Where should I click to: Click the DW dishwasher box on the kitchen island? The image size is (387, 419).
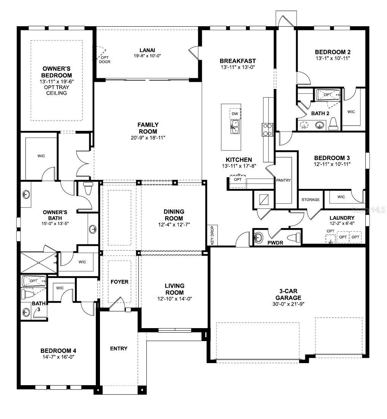235,114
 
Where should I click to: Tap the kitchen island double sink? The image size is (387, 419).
235,127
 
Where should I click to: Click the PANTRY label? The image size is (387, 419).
283,180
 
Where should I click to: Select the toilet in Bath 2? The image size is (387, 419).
333,124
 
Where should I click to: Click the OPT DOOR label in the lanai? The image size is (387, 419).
105,60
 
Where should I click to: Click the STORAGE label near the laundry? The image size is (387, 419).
311,200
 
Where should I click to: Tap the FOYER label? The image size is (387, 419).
119,282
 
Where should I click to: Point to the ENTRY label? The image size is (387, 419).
119,348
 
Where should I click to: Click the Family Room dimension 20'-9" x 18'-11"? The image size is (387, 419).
148,138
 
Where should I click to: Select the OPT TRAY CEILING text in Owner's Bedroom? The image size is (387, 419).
56,90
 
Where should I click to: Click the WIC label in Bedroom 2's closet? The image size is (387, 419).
351,112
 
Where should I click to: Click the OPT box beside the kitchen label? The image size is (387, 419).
238,179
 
